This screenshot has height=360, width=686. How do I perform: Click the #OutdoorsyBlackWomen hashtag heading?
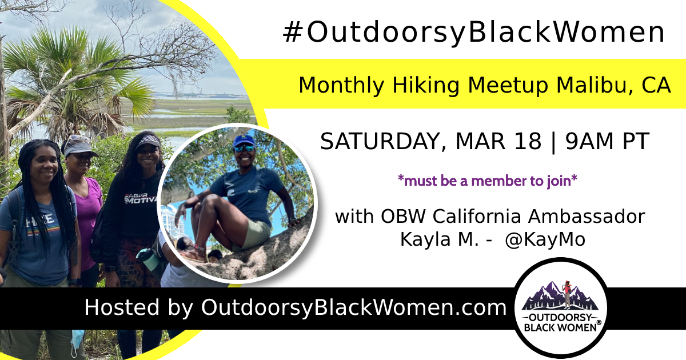point(473,32)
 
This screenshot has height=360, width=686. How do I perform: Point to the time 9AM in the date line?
point(590,141)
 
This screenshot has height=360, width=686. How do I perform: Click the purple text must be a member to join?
point(487,181)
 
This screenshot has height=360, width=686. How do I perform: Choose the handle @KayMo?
point(545,239)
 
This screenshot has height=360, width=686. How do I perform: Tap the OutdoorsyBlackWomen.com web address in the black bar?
point(354,307)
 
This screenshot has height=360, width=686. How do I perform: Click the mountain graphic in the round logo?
point(560,295)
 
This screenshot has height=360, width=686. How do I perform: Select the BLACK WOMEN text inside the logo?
point(560,327)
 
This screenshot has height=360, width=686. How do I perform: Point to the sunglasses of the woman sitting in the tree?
point(245,148)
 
